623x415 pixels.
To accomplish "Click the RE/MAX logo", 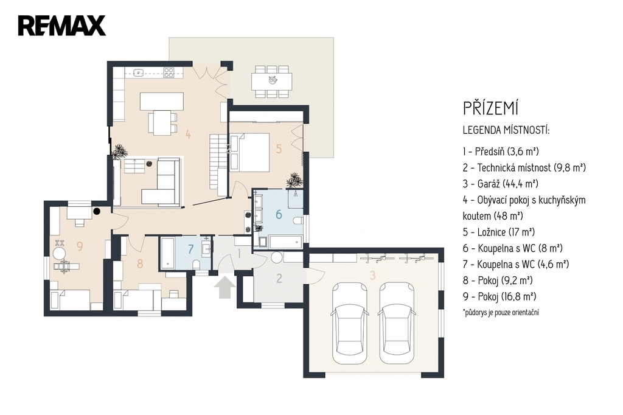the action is (x=61, y=26).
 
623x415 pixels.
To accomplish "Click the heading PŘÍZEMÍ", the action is (x=491, y=108).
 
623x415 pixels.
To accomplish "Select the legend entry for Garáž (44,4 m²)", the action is (x=501, y=184).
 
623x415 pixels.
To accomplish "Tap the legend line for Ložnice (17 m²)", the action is (x=499, y=232).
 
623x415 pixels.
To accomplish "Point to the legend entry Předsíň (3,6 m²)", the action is (x=501, y=152).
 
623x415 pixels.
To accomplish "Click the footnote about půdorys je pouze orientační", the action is (x=501, y=312).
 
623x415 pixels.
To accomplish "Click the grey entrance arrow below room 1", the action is (x=224, y=287).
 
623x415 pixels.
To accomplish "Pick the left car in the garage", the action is (x=350, y=323).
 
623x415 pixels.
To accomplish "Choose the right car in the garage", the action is (x=397, y=323).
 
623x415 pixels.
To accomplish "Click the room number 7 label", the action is (x=190, y=249).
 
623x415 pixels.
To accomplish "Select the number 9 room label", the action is (x=80, y=246).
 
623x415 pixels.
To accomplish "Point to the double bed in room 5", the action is (x=249, y=153).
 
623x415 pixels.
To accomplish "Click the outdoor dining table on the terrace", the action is (x=272, y=81).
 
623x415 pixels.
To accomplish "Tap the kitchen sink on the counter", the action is (x=138, y=72).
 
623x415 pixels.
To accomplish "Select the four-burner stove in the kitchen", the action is (x=169, y=72).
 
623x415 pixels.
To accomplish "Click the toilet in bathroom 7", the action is (x=196, y=265).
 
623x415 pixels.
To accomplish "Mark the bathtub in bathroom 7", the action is (x=167, y=253).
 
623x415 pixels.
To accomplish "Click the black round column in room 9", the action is (x=97, y=212).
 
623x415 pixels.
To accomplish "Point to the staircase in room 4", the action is (x=218, y=162).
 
